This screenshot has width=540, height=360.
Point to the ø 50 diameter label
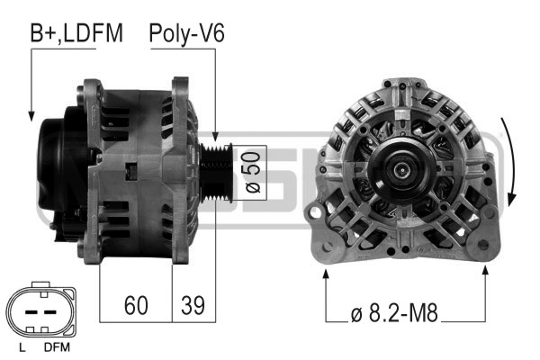point(253,173)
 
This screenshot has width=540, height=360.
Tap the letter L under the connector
point(22,347)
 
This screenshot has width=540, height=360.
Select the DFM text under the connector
point(57,347)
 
